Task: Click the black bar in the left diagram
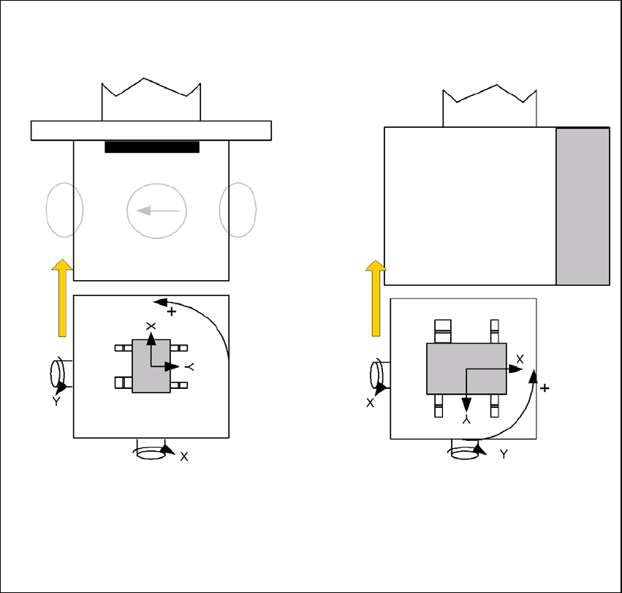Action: (x=152, y=147)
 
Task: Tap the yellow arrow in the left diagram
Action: (x=62, y=298)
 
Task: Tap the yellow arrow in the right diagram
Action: (x=376, y=298)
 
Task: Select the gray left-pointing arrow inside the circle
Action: (x=158, y=211)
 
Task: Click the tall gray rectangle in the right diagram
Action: (x=583, y=206)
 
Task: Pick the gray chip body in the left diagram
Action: (x=151, y=366)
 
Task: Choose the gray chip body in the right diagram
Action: (x=466, y=369)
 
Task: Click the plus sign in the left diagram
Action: (x=171, y=311)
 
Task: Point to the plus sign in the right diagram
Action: (x=545, y=388)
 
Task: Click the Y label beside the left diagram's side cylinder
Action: (x=56, y=401)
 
